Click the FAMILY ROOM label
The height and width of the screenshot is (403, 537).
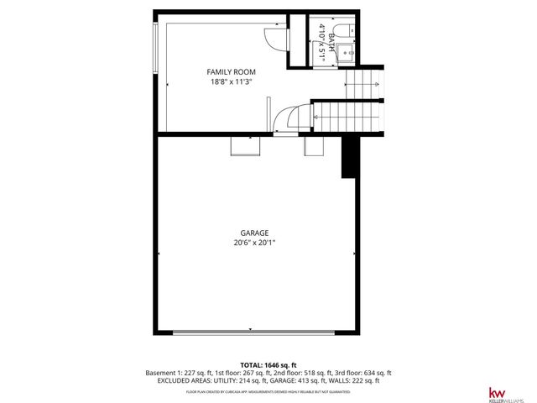click(x=224, y=73)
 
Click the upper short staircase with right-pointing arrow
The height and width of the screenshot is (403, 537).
click(x=363, y=85)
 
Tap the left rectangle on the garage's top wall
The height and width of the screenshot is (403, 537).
click(x=246, y=146)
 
